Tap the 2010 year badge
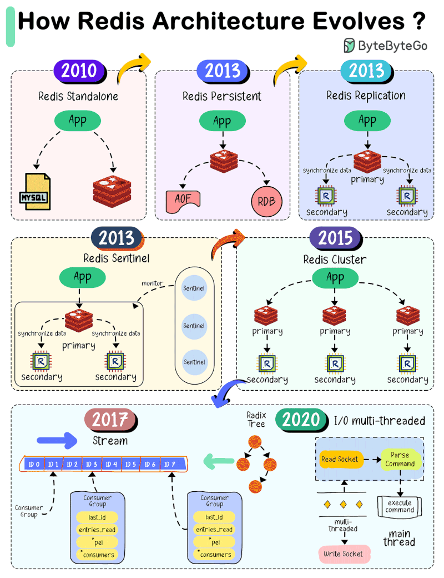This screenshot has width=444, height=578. (x=79, y=71)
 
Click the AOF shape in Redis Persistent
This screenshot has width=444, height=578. (x=183, y=199)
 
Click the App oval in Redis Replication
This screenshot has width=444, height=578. (x=367, y=120)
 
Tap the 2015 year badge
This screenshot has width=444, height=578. (x=336, y=238)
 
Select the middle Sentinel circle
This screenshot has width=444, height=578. (x=194, y=326)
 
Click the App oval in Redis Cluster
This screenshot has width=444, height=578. (x=335, y=277)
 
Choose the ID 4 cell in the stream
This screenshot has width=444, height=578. (x=112, y=464)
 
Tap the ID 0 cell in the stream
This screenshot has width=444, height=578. (x=33, y=464)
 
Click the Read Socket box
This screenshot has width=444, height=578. (x=339, y=460)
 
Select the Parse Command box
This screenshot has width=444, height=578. (x=400, y=459)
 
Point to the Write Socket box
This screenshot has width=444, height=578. (x=344, y=554)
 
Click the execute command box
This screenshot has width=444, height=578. (x=400, y=506)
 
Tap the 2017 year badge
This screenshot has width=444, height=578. (x=110, y=420)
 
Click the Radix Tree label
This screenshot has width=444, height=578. (x=257, y=420)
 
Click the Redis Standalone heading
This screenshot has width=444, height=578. (x=78, y=96)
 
